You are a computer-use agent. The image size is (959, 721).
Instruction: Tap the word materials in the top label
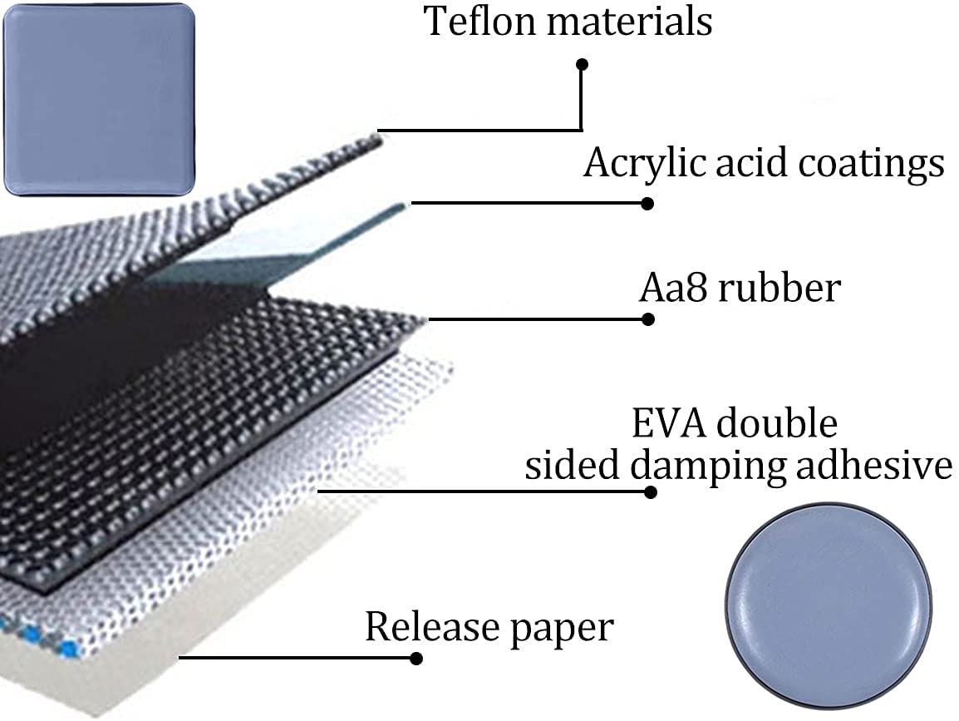(630, 22)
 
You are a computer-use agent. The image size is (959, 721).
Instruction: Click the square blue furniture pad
(99, 99)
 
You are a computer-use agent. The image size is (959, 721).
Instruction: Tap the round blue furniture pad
(829, 606)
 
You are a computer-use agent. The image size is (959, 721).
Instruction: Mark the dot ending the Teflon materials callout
(583, 64)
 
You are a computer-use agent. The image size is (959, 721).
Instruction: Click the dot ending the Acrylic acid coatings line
(647, 204)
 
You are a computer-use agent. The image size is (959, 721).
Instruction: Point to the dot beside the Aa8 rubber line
(648, 319)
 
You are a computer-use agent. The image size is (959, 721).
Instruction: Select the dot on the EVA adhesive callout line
(651, 492)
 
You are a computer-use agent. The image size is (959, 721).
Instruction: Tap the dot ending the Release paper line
(416, 659)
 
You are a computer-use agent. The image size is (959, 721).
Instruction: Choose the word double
(777, 423)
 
